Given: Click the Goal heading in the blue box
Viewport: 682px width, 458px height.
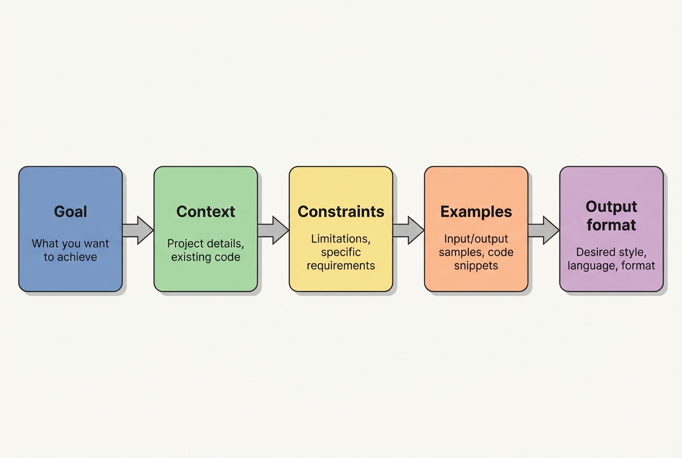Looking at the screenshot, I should tap(70, 212).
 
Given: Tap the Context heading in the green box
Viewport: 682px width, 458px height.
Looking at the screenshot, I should tap(206, 212).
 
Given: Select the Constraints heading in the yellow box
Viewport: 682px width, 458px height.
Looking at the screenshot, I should tap(341, 212).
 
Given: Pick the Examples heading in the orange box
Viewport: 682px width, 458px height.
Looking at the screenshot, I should tap(476, 212).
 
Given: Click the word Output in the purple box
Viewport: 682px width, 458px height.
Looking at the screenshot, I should tap(611, 207).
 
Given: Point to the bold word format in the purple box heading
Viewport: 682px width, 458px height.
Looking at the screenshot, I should tap(611, 225).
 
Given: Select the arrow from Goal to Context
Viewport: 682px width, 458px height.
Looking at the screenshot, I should tap(138, 230).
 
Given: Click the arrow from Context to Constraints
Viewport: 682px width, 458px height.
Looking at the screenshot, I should tap(273, 230).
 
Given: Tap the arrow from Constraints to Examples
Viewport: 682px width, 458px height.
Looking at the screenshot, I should tap(408, 230).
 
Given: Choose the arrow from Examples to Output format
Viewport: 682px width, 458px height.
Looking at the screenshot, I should tap(543, 230).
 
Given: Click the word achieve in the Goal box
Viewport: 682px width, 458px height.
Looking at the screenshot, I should tap(78, 257).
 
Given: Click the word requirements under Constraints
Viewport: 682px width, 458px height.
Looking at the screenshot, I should tap(341, 266).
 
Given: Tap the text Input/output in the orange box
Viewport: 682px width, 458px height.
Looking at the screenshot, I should tap(476, 239).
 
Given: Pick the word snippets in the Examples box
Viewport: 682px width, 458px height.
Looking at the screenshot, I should tap(476, 266).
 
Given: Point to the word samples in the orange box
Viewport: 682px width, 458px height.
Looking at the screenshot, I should tap(461, 252).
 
